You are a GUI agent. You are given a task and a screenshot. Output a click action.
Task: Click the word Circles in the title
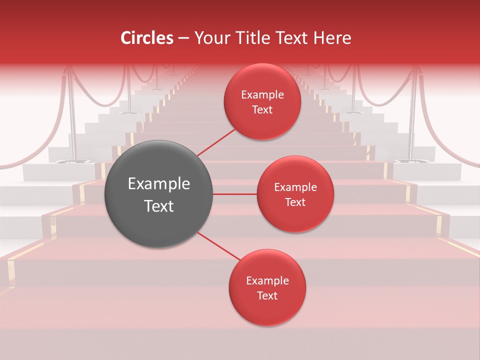(x=147, y=38)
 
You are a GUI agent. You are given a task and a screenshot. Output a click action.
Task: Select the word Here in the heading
(x=332, y=38)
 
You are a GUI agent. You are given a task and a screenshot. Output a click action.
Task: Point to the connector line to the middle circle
(x=234, y=194)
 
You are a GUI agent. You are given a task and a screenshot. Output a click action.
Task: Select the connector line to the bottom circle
(x=219, y=246)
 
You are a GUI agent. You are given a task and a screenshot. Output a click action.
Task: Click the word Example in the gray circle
(x=159, y=184)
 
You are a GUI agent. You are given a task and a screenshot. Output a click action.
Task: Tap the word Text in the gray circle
(x=159, y=206)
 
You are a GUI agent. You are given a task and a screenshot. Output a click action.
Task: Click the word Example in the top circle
(x=262, y=95)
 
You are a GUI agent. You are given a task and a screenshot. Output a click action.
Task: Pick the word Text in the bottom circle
(x=267, y=295)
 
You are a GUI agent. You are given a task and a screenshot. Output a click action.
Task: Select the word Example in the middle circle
(x=295, y=187)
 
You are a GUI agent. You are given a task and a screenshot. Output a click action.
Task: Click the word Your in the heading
(x=210, y=38)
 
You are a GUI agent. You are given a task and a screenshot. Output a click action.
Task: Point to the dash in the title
(x=183, y=38)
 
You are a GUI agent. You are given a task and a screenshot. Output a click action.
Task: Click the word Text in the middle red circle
(x=295, y=202)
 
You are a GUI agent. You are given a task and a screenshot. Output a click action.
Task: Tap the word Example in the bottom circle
(x=267, y=281)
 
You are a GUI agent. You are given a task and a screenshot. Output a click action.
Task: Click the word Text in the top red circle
(x=262, y=109)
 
